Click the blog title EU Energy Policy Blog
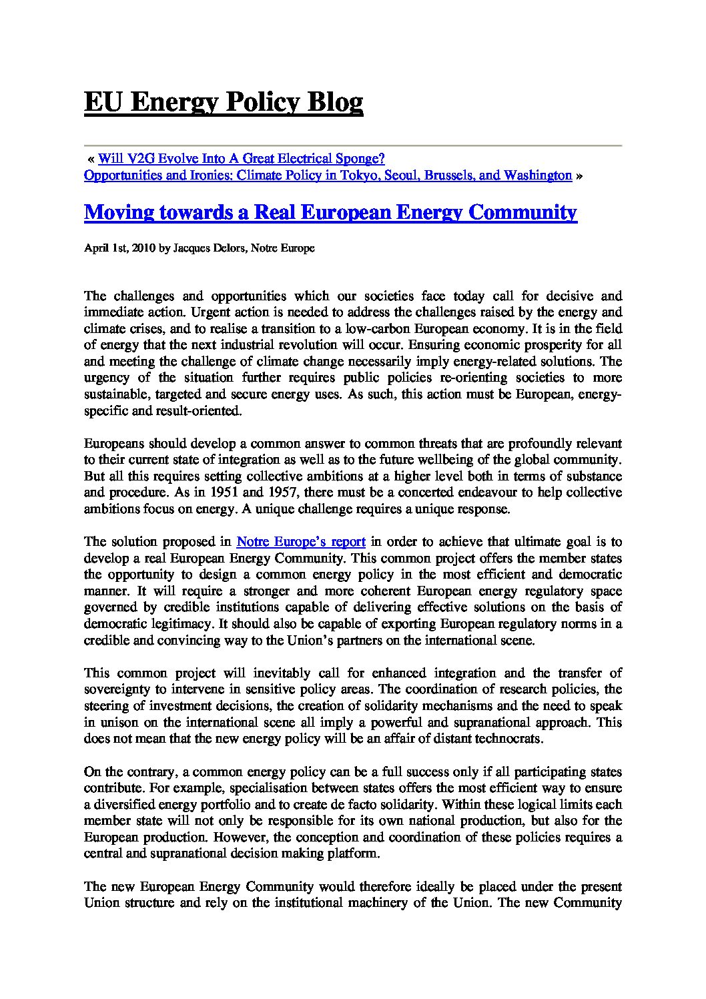[x=224, y=103]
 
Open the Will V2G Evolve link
[x=241, y=159]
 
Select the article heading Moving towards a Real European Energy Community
[x=330, y=212]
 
